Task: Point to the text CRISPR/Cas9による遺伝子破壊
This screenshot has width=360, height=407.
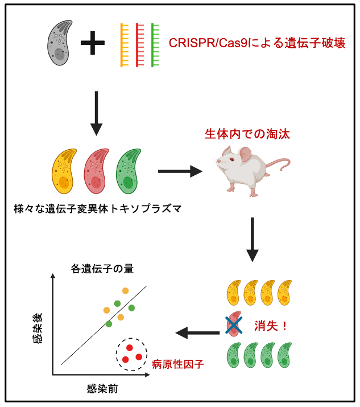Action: [257, 43]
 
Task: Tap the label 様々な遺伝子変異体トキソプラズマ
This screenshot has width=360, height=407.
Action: [97, 208]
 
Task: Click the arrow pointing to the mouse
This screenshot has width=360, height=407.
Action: [180, 170]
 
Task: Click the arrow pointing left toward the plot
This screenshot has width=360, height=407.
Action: [196, 332]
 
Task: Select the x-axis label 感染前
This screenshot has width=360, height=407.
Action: [103, 389]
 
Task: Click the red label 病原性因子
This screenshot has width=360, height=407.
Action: [177, 363]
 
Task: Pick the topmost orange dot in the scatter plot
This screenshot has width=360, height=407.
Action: [125, 291]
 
